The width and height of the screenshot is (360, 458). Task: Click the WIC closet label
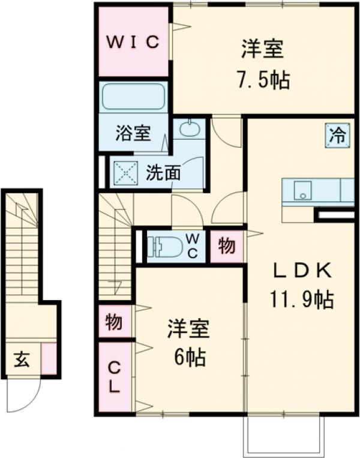[x=133, y=42]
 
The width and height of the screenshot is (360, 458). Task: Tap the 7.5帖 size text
[x=262, y=80]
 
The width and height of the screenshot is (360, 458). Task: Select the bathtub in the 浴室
[x=133, y=97]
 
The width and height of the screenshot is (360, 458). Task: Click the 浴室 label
[x=133, y=133]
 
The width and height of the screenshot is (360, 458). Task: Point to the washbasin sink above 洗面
[x=188, y=128]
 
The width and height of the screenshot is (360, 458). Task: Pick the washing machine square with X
[x=126, y=173]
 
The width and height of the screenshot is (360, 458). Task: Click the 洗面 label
[x=163, y=173]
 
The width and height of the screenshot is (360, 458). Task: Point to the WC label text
[x=193, y=246]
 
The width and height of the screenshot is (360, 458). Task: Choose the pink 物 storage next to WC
[x=226, y=246]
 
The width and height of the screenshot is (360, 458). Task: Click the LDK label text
[x=302, y=271]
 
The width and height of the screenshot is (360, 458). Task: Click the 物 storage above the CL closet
[x=114, y=322]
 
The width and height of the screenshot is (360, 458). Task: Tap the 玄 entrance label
[x=22, y=360]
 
